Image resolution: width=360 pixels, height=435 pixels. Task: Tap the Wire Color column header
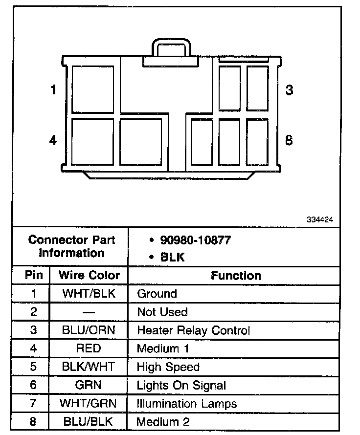click(89, 275)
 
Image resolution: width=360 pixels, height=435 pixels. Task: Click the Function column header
click(236, 276)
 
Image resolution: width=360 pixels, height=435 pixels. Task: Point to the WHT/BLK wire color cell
click(89, 294)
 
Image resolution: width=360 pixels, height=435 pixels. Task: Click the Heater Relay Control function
click(193, 330)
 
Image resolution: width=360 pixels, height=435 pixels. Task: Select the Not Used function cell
click(162, 312)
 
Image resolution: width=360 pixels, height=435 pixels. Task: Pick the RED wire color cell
click(89, 348)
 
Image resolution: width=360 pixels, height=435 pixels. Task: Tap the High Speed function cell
click(168, 367)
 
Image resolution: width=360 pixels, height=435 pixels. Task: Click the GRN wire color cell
click(89, 385)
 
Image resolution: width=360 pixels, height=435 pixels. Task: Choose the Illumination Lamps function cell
click(187, 404)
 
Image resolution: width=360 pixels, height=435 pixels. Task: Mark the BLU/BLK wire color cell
click(89, 421)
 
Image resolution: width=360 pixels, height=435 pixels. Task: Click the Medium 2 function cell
click(163, 422)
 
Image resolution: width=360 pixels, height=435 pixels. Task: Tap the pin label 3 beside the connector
click(289, 90)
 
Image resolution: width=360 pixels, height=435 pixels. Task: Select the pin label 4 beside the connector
click(53, 141)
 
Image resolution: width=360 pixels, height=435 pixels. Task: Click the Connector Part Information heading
click(72, 246)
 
